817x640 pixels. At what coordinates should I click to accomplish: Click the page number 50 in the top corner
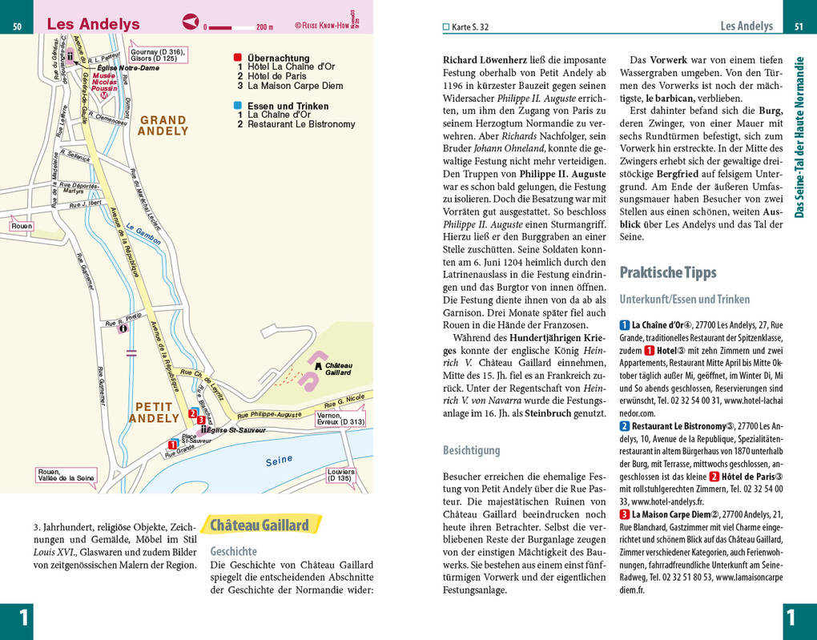click(16, 27)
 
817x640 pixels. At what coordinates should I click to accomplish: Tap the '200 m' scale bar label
click(264, 26)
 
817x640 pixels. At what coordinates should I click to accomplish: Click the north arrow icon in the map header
click(191, 22)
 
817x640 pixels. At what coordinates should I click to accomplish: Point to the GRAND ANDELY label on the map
click(163, 126)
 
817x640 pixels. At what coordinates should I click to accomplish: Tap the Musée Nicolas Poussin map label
click(104, 81)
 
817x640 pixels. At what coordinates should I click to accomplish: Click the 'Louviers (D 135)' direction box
click(340, 476)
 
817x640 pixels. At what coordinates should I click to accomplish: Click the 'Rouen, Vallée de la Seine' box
click(66, 474)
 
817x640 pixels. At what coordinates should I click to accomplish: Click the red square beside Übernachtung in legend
click(237, 58)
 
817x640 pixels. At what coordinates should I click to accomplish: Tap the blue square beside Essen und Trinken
click(237, 106)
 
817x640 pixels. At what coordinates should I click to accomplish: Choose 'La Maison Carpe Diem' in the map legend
click(295, 86)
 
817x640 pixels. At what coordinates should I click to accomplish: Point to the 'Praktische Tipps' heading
click(668, 272)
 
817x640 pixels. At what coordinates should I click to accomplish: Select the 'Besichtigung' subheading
click(471, 450)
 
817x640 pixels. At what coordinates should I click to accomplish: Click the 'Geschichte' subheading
click(233, 551)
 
